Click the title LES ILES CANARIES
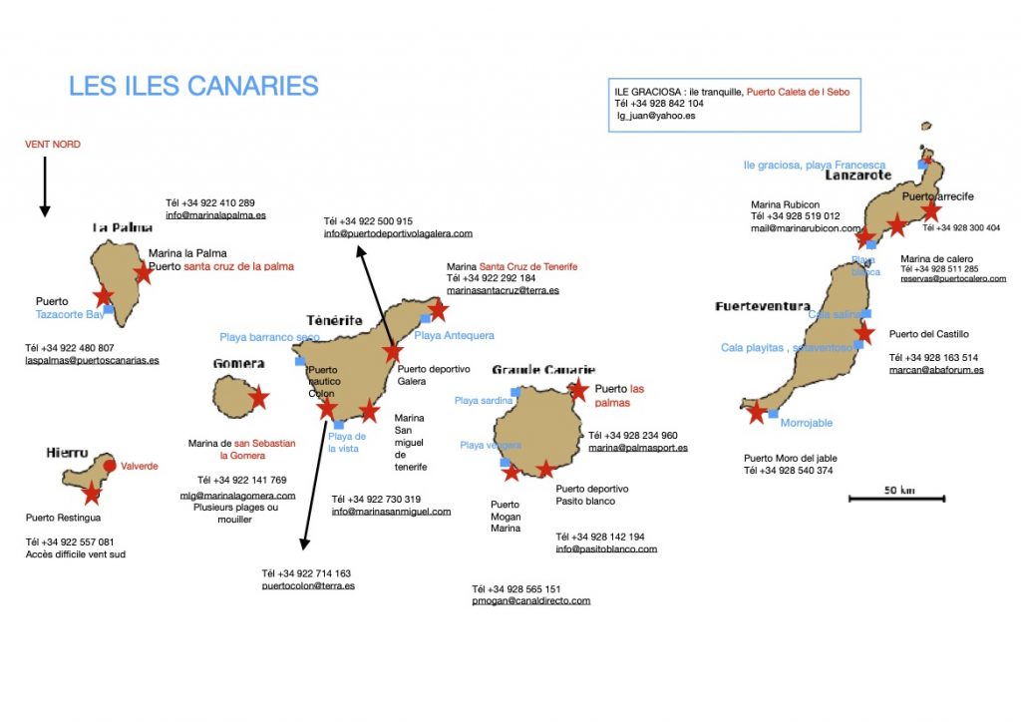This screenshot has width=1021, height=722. pyautogui.click(x=193, y=86)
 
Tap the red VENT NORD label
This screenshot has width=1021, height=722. pyautogui.click(x=53, y=145)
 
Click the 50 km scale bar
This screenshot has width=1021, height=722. pyautogui.click(x=896, y=498)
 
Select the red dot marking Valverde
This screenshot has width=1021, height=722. pyautogui.click(x=110, y=465)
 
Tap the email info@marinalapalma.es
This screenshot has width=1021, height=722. pyautogui.click(x=215, y=214)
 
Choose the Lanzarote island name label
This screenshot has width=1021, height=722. pyautogui.click(x=857, y=175)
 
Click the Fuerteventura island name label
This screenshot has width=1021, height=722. pyautogui.click(x=763, y=306)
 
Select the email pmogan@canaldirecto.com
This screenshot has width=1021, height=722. pyautogui.click(x=530, y=601)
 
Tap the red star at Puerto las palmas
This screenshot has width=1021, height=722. pyautogui.click(x=577, y=389)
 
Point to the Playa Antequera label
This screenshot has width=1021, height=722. pyautogui.click(x=454, y=336)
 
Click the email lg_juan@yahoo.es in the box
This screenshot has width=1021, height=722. pyautogui.click(x=656, y=116)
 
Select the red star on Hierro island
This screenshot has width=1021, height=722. pyautogui.click(x=92, y=493)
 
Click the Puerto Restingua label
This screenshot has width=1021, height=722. pyautogui.click(x=63, y=518)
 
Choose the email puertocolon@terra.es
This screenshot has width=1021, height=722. pyautogui.click(x=308, y=586)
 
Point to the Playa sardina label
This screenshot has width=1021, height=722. pyautogui.click(x=483, y=401)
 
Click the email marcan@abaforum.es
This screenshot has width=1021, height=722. pyautogui.click(x=936, y=370)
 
